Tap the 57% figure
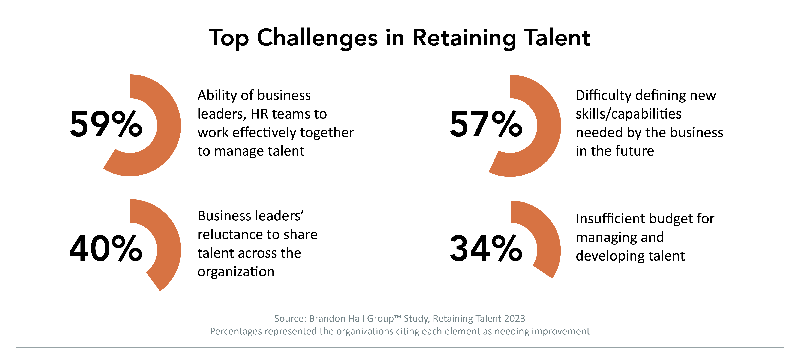pos(486,124)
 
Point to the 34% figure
pos(486,249)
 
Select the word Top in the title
pos(229,38)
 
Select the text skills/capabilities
pos(628,114)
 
